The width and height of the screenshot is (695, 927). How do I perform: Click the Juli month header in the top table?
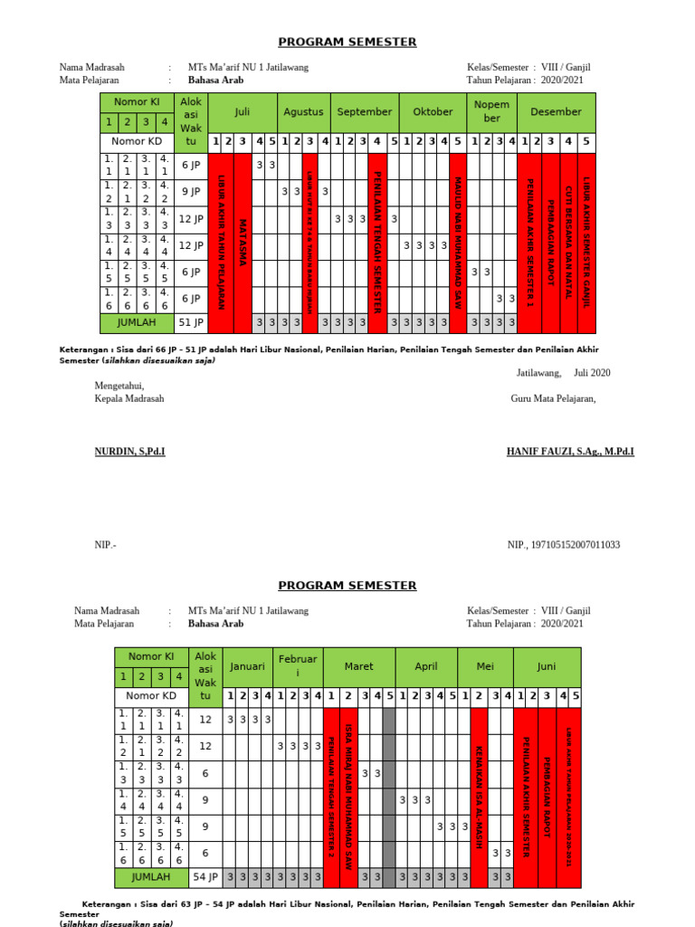[x=242, y=112]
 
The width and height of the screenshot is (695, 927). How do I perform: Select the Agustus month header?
[x=303, y=112]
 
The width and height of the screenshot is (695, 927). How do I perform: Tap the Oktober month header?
[x=433, y=112]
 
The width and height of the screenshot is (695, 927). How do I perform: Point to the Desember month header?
[x=556, y=112]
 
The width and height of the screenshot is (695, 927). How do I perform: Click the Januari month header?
[x=248, y=666]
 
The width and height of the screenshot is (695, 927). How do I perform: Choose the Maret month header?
[x=358, y=666]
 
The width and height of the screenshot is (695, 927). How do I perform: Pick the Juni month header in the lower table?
[x=547, y=666]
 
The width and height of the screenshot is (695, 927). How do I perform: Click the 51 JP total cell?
[x=191, y=322]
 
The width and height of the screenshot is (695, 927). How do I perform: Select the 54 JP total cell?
[x=205, y=876]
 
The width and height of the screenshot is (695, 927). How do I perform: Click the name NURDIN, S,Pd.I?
[x=129, y=450]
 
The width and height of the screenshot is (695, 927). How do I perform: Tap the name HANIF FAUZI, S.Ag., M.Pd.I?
[x=569, y=450]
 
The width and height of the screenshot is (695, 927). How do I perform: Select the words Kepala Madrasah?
[x=129, y=397]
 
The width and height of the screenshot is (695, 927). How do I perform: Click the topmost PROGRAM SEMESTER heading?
[x=347, y=42]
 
